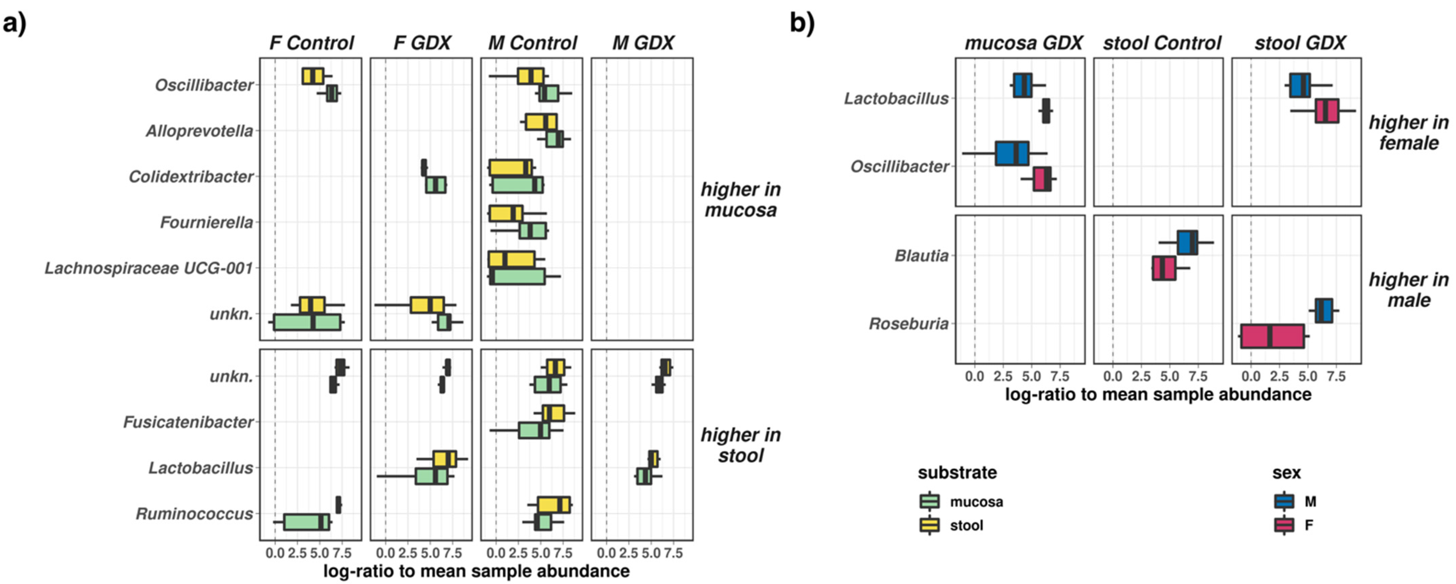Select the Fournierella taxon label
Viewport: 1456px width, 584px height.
pos(206,223)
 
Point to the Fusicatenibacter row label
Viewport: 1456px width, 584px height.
pos(188,422)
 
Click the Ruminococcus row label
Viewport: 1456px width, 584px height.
pos(194,514)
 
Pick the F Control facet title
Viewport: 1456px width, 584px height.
pos(311,43)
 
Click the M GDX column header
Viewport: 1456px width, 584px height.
pos(643,43)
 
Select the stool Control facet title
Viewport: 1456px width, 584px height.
pos(1162,43)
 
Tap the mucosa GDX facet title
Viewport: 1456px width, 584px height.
pos(1023,43)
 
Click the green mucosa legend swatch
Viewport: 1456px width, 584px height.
pos(930,501)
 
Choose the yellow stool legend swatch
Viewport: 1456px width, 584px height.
pos(930,525)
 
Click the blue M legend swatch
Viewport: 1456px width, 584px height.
pos(1284,501)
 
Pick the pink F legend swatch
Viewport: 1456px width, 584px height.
pos(1284,525)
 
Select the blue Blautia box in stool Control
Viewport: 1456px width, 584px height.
pos(1187,243)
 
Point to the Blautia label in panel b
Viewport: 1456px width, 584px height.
pos(921,256)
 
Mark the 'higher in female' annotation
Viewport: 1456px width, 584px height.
pos(1408,133)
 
